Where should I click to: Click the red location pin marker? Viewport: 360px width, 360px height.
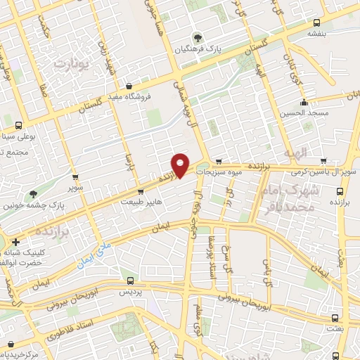(x=181, y=164)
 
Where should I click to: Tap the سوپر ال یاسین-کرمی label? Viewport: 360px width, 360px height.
(x=332, y=172)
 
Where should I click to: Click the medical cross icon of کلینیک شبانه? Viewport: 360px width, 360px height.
(x=15, y=243)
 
